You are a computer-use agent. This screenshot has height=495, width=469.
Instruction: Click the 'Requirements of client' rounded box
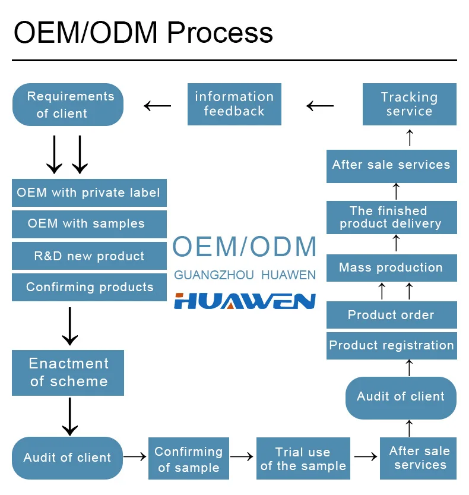(x=68, y=105)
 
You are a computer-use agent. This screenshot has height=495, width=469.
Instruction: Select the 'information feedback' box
(x=235, y=104)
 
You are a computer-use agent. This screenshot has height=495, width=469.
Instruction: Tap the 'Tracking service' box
(x=410, y=104)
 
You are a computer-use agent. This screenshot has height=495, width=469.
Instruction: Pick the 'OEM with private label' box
(x=89, y=193)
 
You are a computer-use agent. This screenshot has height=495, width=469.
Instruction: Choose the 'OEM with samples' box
(x=89, y=224)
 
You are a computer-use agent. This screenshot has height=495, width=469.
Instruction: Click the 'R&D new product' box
(x=89, y=256)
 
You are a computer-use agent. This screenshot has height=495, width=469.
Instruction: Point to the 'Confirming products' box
(x=89, y=287)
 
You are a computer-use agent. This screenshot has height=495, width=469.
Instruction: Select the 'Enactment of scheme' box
(x=68, y=373)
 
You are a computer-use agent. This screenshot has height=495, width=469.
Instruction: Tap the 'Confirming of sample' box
(x=189, y=458)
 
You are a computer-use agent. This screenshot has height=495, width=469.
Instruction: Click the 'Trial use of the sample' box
(x=303, y=458)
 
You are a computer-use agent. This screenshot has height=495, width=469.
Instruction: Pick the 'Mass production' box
(x=392, y=267)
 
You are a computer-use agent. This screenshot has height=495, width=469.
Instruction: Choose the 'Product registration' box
(x=392, y=346)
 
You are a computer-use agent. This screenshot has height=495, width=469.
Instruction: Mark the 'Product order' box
(x=392, y=315)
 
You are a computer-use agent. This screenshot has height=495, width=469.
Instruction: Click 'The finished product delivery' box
(x=392, y=217)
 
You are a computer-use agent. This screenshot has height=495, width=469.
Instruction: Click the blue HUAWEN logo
(x=245, y=301)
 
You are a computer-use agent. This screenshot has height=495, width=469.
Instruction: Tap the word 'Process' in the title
(x=220, y=33)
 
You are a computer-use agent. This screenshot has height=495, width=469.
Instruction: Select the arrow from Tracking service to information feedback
(x=320, y=106)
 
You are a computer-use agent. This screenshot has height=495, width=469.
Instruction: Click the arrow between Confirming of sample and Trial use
(x=242, y=456)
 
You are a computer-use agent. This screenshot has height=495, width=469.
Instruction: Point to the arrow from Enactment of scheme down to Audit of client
(x=69, y=417)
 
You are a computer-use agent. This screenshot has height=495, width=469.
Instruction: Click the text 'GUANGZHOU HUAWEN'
(x=245, y=275)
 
